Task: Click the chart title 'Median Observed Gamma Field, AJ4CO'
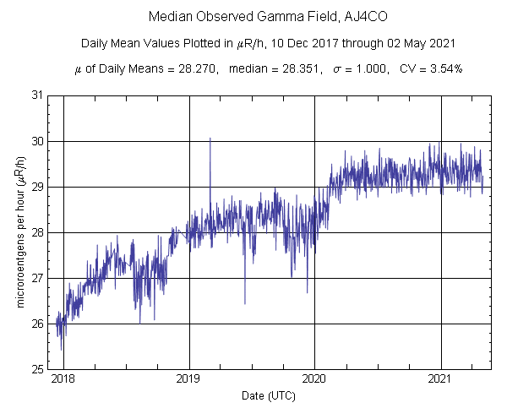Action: click(x=253, y=17)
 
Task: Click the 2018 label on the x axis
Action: click(x=63, y=381)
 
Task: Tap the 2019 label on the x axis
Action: click(x=188, y=381)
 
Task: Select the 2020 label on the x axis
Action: click(x=314, y=381)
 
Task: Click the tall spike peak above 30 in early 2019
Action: click(x=210, y=138)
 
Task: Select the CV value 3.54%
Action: click(x=444, y=68)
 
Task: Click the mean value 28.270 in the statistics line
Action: click(x=191, y=68)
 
